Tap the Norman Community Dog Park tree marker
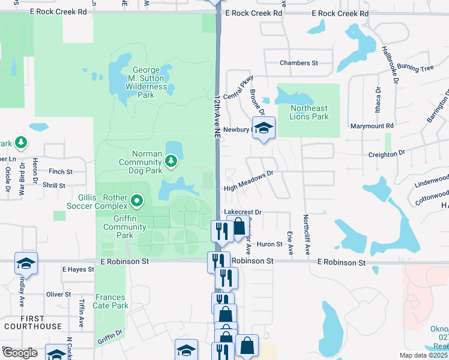click(x=172, y=160)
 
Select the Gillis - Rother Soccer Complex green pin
click(x=137, y=200)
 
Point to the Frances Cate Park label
click(x=111, y=301)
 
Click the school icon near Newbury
click(x=263, y=128)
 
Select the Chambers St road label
click(x=298, y=63)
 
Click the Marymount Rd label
click(x=372, y=126)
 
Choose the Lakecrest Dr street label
click(x=243, y=212)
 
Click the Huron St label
click(x=270, y=244)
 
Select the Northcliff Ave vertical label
click(x=306, y=235)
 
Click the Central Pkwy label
click(x=238, y=88)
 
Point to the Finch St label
click(x=60, y=172)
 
